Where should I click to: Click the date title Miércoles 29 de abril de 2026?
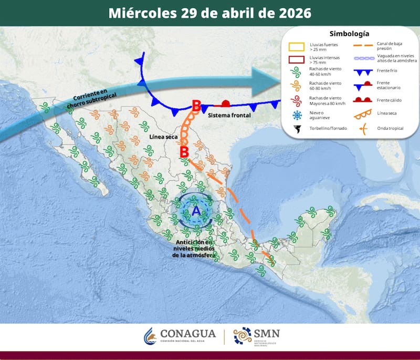[209, 13]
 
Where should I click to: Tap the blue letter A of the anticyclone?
[195, 211]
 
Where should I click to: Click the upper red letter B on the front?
[196, 106]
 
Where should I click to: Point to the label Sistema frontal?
[229, 115]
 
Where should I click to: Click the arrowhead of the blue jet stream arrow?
[268, 79]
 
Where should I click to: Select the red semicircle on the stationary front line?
[226, 103]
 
